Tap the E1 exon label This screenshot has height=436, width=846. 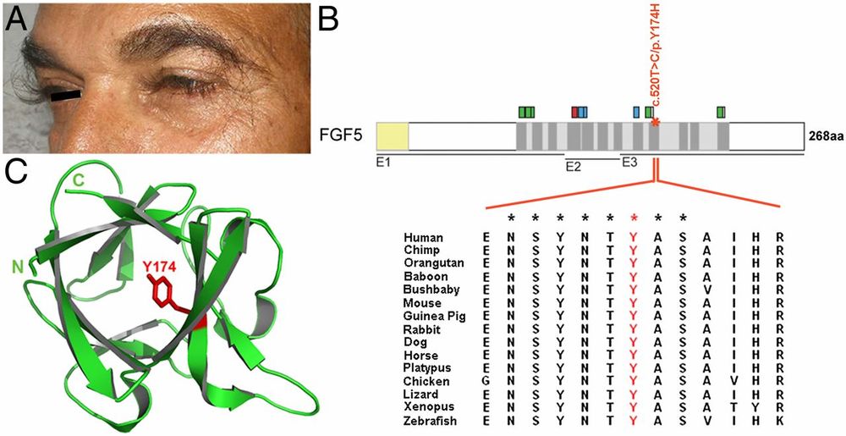point(383,160)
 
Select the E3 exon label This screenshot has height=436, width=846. point(630,161)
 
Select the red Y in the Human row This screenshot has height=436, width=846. point(633,237)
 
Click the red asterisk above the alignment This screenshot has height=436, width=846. point(633,218)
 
